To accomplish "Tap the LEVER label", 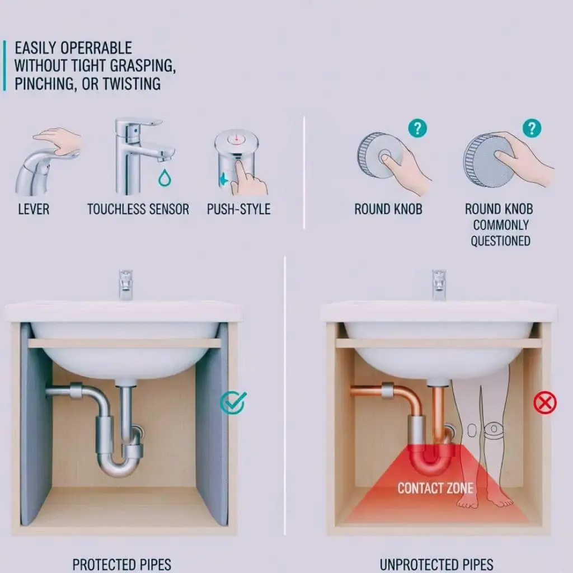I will click(x=34, y=209).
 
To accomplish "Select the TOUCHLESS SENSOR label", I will click(x=138, y=209).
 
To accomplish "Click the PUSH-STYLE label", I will click(x=238, y=209).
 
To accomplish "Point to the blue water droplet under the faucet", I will click(x=165, y=178).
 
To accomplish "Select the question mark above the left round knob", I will click(x=416, y=128).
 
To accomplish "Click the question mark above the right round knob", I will click(x=532, y=128).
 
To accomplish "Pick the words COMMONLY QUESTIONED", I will click(x=500, y=233).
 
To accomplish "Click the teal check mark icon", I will click(x=232, y=402).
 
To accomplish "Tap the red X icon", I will click(x=544, y=402).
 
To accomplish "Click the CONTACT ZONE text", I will click(x=435, y=488).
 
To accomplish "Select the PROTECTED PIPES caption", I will click(x=121, y=564).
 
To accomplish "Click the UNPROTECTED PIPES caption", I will click(x=436, y=564).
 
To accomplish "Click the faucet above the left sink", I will click(x=125, y=284).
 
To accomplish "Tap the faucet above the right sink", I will click(x=439, y=284).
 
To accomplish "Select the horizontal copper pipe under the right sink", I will click(x=367, y=390).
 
